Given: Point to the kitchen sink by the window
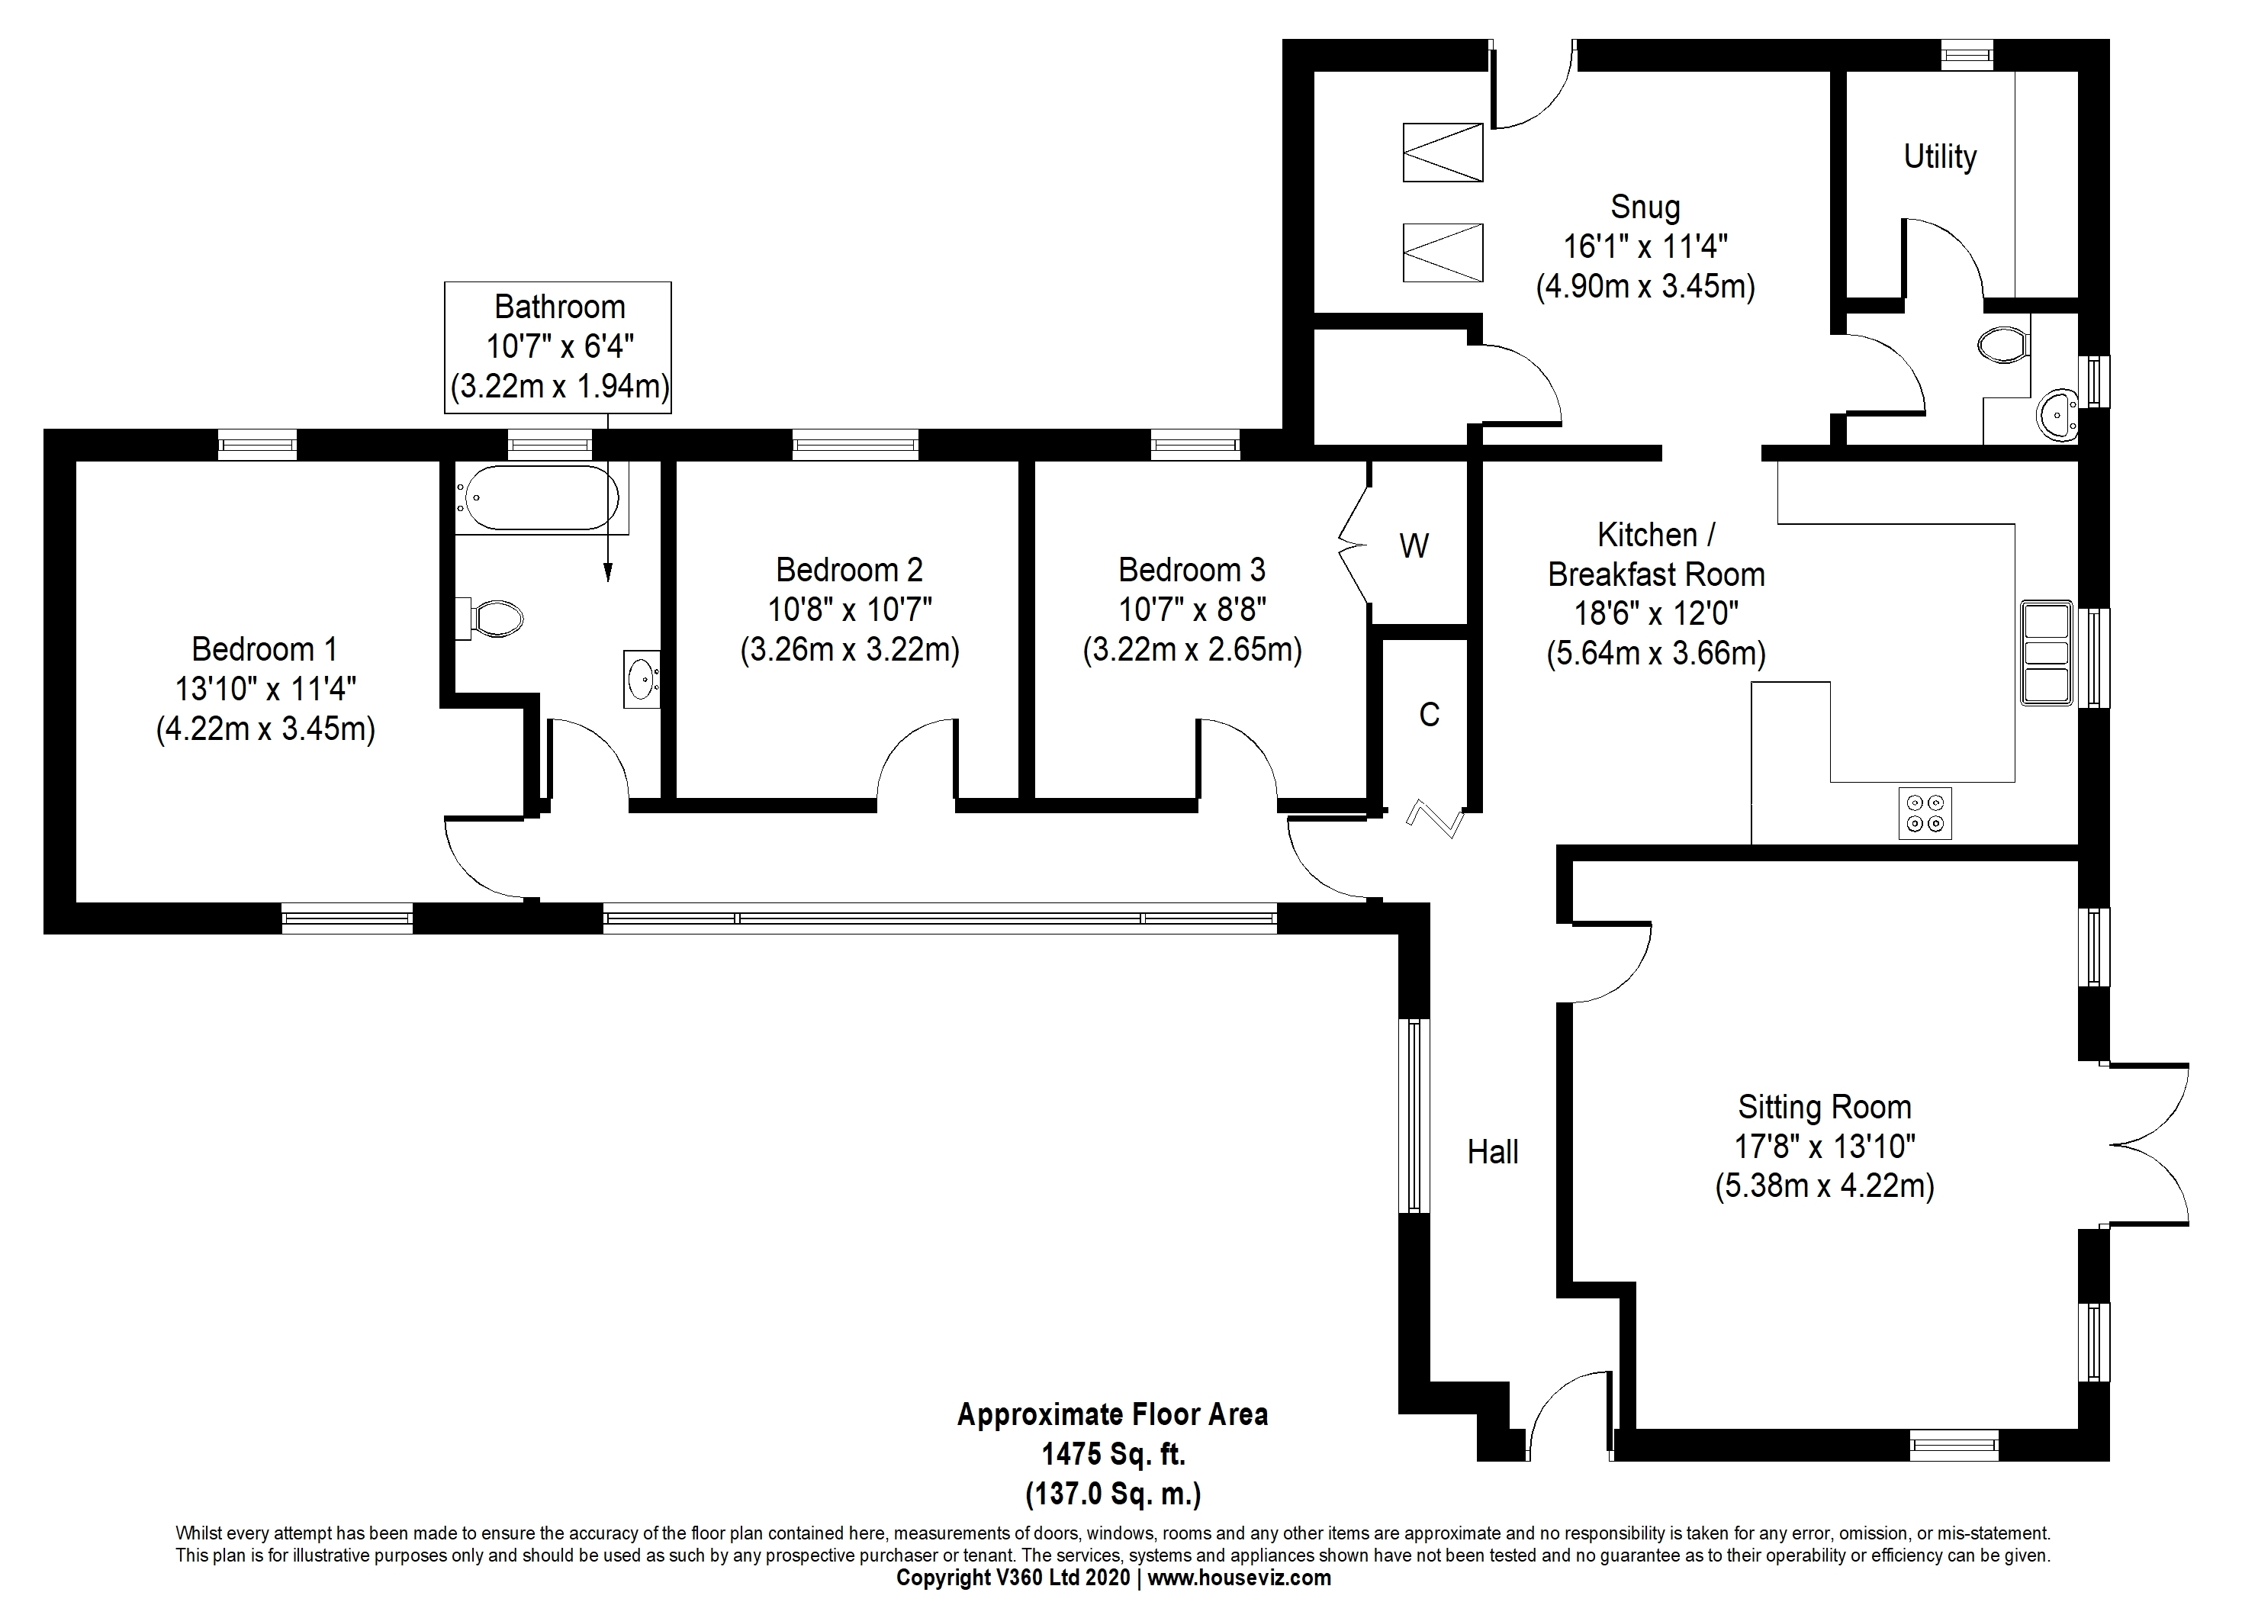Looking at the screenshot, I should point(2046,653).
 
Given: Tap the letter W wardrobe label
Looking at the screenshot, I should point(1414,545).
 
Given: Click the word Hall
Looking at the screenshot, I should point(1492,1151).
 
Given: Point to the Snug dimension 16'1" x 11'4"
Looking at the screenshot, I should point(1645,246).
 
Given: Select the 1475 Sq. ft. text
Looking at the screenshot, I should point(1114,1454).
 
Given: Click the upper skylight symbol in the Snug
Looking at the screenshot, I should point(1442,152).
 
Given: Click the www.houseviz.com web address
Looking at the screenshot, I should point(1239,1578).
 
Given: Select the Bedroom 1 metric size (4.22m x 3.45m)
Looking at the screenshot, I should point(265,729).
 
